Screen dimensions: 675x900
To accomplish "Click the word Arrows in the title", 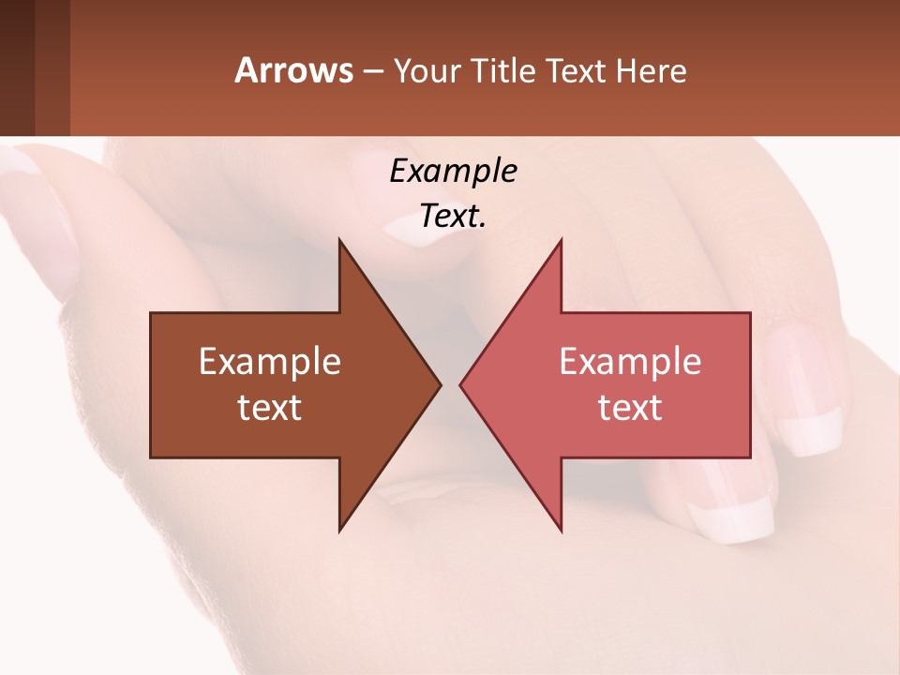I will tap(293, 70).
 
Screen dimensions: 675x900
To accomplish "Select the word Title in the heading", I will tap(504, 71).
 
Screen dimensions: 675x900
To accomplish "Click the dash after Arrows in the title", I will tap(372, 72).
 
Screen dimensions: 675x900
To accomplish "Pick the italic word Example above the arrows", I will tap(454, 171).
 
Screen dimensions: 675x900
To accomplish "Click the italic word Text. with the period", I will tap(454, 217).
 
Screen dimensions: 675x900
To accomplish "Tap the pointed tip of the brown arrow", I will tap(439, 384).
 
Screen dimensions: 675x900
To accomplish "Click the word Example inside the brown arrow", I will tap(270, 362).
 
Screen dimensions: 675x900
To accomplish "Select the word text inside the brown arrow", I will tap(270, 408).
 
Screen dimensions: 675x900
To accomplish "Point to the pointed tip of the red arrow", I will tap(462, 384).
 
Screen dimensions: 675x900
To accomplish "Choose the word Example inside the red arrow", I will tap(630, 362).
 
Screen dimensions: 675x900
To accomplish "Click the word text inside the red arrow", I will tap(630, 408).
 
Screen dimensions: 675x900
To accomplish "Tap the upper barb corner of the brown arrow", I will tap(340, 242).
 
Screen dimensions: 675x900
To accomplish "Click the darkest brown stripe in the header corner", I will tap(17, 67).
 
